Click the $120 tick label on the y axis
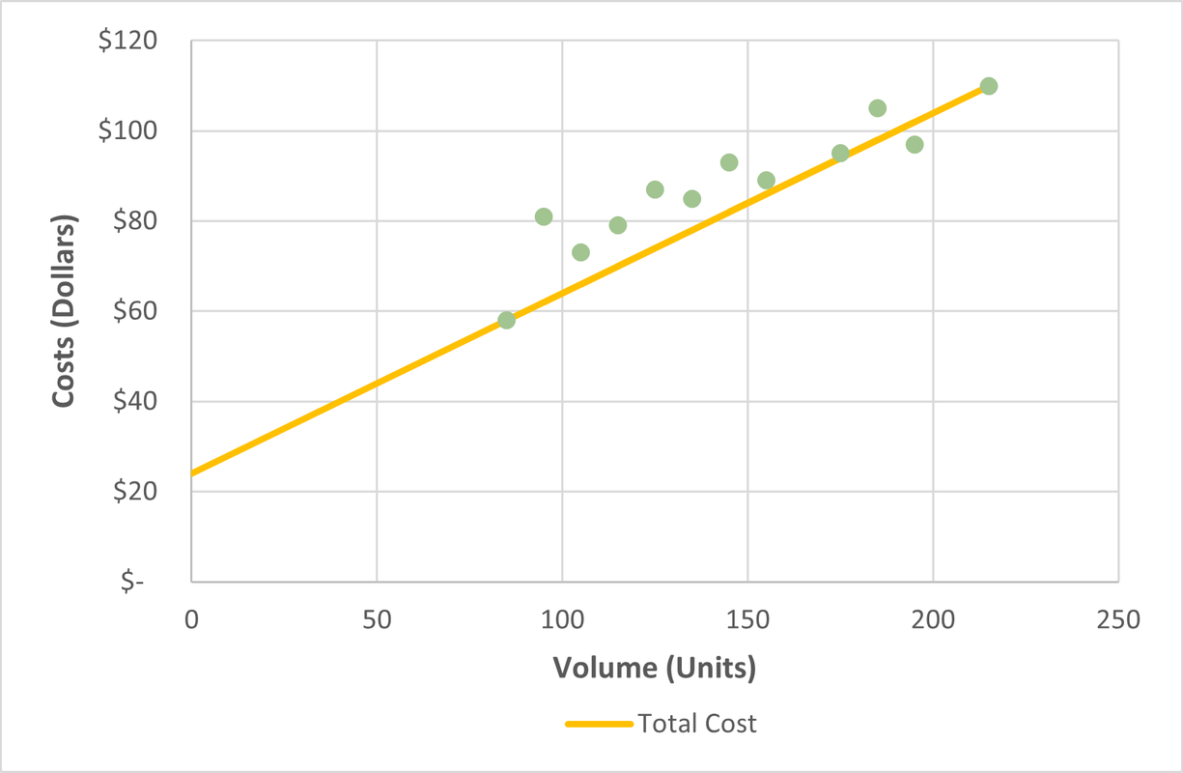pos(131,42)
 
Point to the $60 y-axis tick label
pos(136,311)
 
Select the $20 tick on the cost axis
pos(136,492)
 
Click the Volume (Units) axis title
pos(654,668)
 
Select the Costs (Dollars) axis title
pos(64,310)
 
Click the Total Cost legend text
pos(697,724)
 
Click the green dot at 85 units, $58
pos(506,320)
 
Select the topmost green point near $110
pos(988,86)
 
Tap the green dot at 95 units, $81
pos(544,216)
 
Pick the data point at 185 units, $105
pos(877,108)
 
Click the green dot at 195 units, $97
pos(915,145)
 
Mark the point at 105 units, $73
pos(580,252)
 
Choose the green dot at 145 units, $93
pos(729,162)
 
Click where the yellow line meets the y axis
pos(192,473)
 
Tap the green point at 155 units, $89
pos(766,181)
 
